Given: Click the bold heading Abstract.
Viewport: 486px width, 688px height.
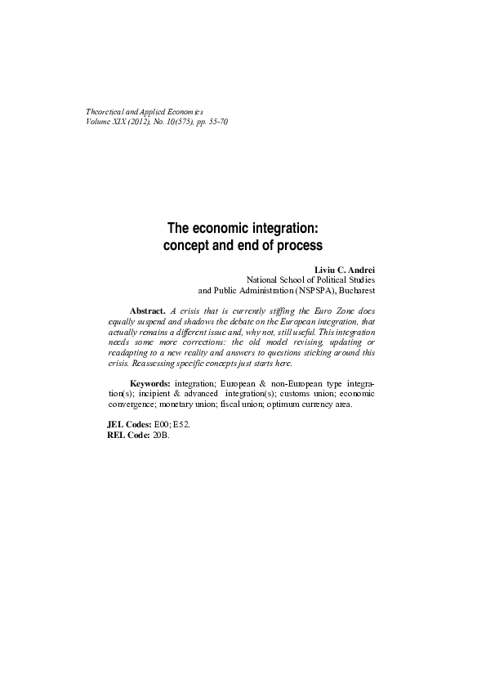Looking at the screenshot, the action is pos(148,311).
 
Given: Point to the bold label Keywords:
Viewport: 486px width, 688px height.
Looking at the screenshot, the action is pos(150,383).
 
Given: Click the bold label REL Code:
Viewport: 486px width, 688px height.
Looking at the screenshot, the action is pos(124,435).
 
